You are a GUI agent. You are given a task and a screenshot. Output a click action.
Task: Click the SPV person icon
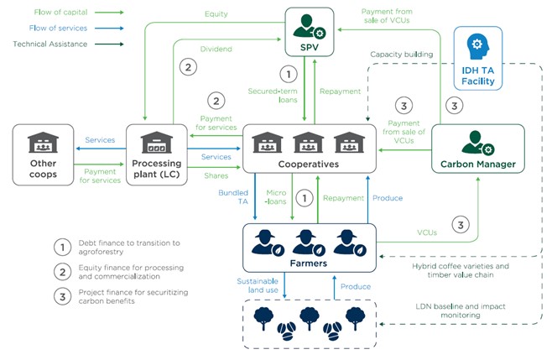(309, 26)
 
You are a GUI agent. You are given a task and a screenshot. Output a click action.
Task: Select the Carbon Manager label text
(478, 164)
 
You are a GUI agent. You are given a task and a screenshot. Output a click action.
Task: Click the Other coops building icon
(43, 142)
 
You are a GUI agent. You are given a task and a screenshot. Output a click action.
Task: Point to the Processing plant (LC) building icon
(157, 142)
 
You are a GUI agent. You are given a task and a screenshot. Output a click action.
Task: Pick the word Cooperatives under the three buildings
(309, 164)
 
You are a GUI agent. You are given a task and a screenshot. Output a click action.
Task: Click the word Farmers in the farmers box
(309, 263)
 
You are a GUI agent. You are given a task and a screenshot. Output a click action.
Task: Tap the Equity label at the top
(216, 14)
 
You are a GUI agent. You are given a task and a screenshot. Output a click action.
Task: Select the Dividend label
(216, 49)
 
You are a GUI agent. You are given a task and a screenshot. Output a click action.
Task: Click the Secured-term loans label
(273, 96)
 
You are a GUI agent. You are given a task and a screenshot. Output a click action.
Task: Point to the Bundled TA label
(233, 197)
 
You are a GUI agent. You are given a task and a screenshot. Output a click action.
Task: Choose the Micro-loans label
(276, 197)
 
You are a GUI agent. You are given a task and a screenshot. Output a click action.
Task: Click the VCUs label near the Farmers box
(427, 232)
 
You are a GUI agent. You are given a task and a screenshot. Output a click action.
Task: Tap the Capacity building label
(402, 55)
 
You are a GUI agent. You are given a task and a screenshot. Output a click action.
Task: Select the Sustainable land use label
(258, 285)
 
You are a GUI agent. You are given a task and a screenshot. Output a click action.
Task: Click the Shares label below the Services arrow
(216, 175)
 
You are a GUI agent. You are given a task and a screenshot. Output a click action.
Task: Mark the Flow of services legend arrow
(109, 28)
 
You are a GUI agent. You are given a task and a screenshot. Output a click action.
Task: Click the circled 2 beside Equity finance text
(63, 272)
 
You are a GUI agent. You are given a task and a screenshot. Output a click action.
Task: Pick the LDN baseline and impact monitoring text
(461, 310)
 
